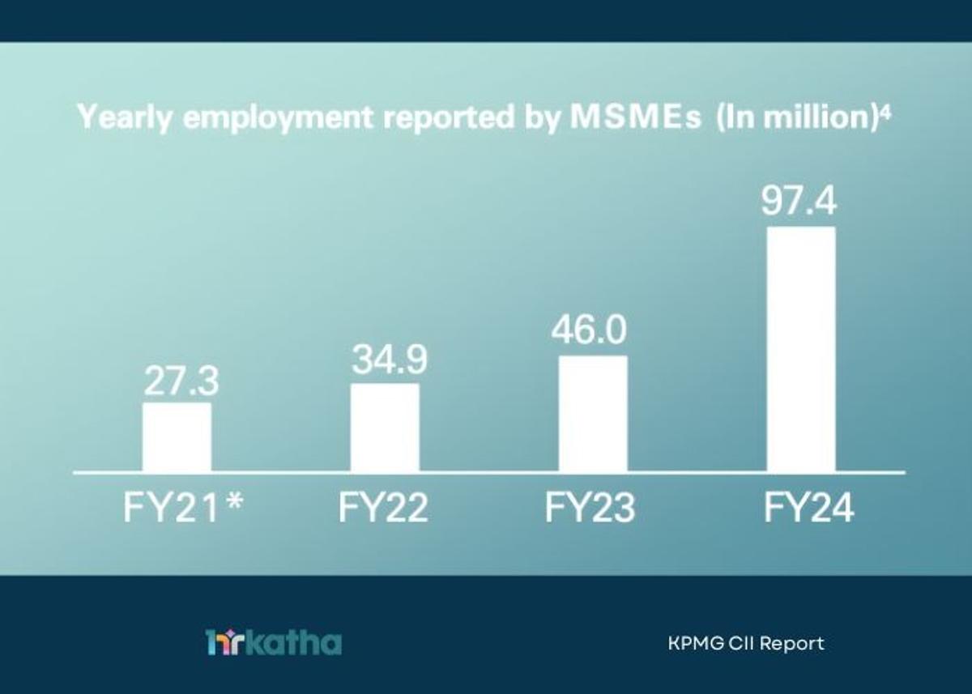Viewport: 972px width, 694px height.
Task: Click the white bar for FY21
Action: click(177, 437)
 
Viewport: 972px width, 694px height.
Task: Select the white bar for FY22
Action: click(385, 428)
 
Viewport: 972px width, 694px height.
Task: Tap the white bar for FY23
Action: click(593, 414)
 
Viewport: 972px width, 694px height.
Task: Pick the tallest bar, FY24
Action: click(801, 349)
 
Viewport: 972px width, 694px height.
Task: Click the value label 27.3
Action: click(177, 382)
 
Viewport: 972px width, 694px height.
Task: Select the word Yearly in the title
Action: click(126, 119)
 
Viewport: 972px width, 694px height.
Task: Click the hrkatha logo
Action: click(273, 643)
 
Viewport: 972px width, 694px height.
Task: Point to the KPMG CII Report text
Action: click(746, 644)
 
